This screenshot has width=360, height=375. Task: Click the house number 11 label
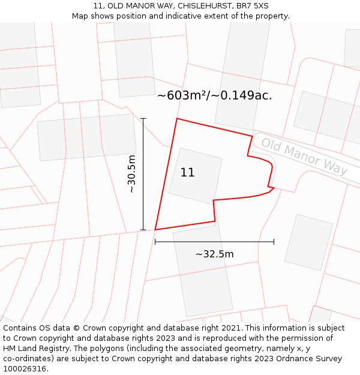(187, 173)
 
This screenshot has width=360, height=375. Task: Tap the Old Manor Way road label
(304, 157)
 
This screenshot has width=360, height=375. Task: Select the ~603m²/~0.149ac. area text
(214, 95)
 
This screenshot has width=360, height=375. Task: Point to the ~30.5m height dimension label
(132, 174)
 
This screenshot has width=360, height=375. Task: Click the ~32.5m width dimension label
(214, 254)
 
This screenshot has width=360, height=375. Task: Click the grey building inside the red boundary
(196, 175)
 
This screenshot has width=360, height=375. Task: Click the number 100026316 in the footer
(25, 369)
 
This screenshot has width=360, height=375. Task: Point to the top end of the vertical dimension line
(143, 119)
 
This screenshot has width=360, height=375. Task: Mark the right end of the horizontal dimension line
(274, 242)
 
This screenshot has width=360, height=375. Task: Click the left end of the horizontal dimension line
(155, 242)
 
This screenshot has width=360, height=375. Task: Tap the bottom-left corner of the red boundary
(155, 230)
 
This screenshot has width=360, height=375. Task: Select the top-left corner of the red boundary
(176, 119)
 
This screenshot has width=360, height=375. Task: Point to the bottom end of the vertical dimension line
(143, 230)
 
